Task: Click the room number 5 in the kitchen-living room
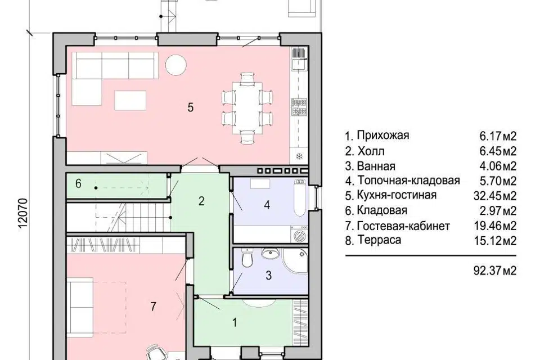tap(191, 107)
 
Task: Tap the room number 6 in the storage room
tap(79, 183)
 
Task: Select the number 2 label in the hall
tap(201, 201)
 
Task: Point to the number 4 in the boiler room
tap(267, 205)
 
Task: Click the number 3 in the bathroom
tap(269, 275)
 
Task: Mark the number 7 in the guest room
tap(152, 307)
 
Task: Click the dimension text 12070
tap(22, 213)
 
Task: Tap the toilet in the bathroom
tap(246, 259)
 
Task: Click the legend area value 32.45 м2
tap(495, 196)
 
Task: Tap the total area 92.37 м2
tap(495, 271)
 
